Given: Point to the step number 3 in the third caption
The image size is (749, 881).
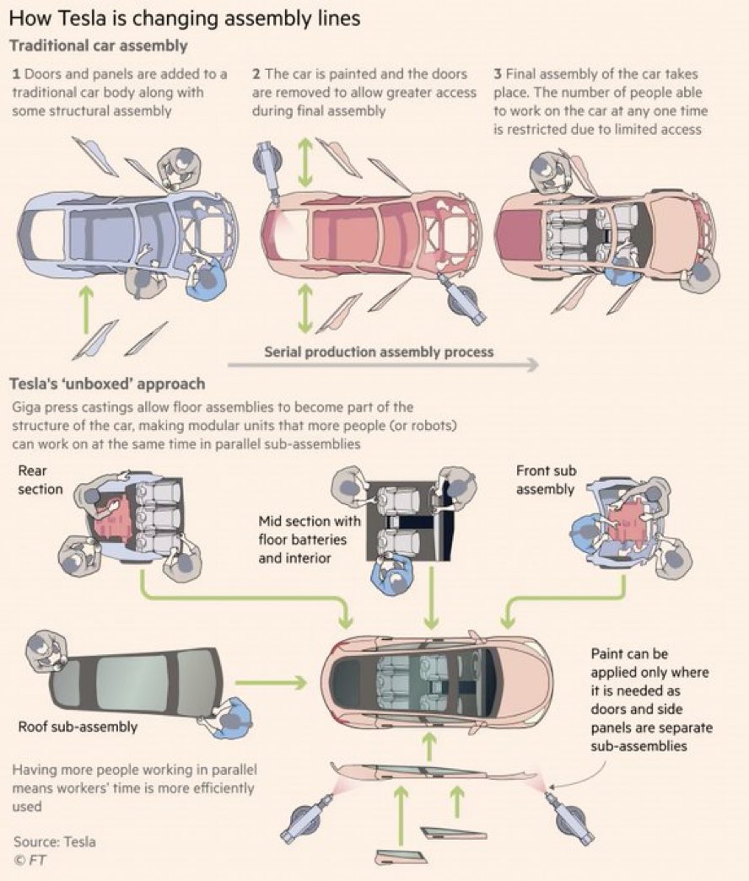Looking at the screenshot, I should [497, 74].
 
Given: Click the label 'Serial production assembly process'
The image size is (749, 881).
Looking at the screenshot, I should [379, 351].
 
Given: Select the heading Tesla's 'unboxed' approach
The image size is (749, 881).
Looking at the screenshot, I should [106, 384].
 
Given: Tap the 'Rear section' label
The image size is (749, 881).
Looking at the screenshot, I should [40, 480].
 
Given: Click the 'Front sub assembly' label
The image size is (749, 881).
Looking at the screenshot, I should [546, 480].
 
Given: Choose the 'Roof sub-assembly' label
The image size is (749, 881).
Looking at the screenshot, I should [78, 727].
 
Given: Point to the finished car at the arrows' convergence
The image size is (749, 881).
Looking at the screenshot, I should [439, 679].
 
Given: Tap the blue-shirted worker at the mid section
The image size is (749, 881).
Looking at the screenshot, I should [390, 580].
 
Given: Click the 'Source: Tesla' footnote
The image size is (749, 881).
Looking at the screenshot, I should [54, 841].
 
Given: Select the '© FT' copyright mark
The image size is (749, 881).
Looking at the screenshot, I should [30, 860].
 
